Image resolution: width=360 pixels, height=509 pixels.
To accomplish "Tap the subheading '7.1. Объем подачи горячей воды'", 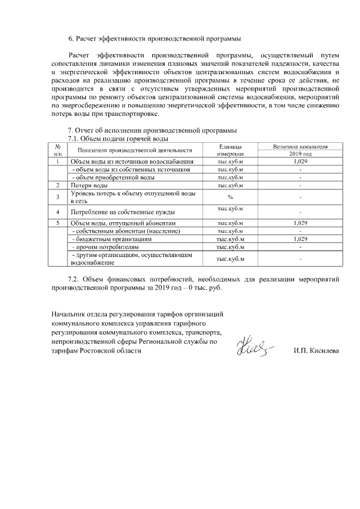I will [x=118, y=138].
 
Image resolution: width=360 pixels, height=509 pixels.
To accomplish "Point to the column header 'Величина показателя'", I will [x=300, y=146].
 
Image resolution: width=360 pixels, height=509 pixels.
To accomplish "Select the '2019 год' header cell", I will [x=300, y=154].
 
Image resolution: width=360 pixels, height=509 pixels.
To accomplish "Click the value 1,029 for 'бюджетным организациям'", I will [x=300, y=239].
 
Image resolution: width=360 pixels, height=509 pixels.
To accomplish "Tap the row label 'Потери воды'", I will [x=89, y=185].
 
